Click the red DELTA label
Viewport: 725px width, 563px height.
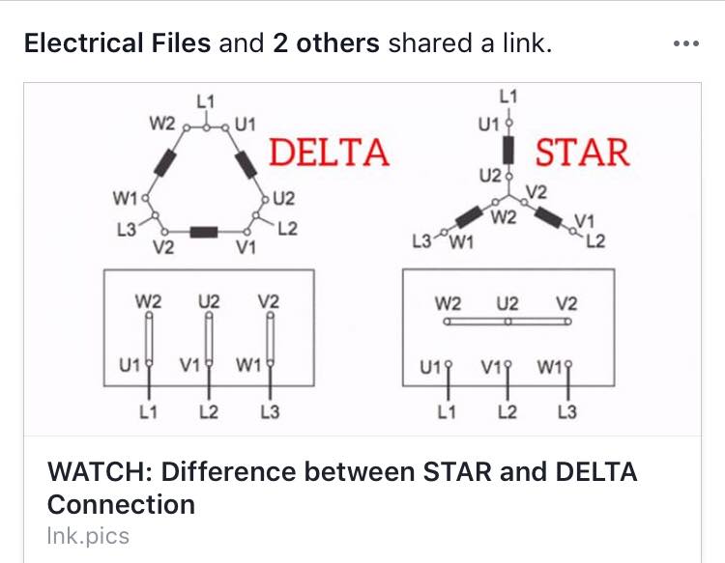[x=329, y=152]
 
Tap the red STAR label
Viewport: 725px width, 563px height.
[x=582, y=152]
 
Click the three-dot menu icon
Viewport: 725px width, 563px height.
[x=686, y=43]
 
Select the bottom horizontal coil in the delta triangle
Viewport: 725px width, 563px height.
[x=204, y=232]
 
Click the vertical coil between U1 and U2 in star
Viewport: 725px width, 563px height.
[x=508, y=150]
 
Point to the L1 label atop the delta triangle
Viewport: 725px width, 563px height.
[x=206, y=101]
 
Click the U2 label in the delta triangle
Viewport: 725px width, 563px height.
[x=283, y=199]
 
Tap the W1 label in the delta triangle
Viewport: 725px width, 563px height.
[x=125, y=199]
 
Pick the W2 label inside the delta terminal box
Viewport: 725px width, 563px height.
[x=149, y=301]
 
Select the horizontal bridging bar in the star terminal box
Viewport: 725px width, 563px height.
[x=507, y=322]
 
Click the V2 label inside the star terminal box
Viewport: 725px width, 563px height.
[x=566, y=304]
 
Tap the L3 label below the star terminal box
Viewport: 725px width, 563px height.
[x=567, y=411]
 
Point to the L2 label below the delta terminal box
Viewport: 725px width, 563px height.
[x=209, y=411]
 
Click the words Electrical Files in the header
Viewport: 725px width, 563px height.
[x=117, y=42]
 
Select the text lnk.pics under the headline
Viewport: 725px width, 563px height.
[x=88, y=536]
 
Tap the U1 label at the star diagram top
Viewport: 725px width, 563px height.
[x=489, y=125]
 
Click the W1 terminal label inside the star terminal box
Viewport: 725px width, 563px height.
[x=550, y=367]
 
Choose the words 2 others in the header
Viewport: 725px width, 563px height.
[x=326, y=42]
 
